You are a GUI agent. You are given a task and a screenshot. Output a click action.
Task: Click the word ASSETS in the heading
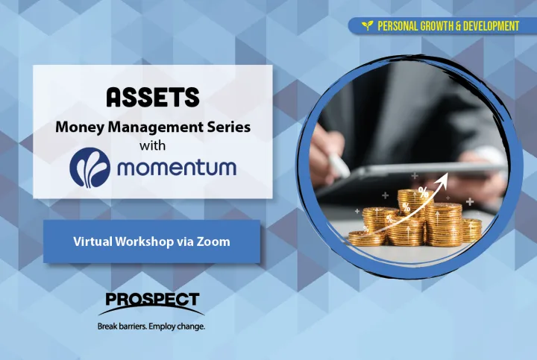(153, 97)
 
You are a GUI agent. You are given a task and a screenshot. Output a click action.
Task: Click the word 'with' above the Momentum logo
(152, 145)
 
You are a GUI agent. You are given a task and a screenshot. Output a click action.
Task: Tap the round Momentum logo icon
(89, 168)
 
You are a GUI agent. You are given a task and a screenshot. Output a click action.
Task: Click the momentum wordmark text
(177, 168)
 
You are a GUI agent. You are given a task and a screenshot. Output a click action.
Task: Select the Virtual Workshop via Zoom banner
(151, 241)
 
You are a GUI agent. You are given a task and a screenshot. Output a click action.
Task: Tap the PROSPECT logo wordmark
(152, 300)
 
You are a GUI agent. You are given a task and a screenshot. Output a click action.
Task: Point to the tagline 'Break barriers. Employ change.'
(151, 326)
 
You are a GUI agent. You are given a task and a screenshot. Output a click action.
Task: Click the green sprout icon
(368, 25)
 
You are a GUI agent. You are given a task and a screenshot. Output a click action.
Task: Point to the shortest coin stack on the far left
(362, 239)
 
